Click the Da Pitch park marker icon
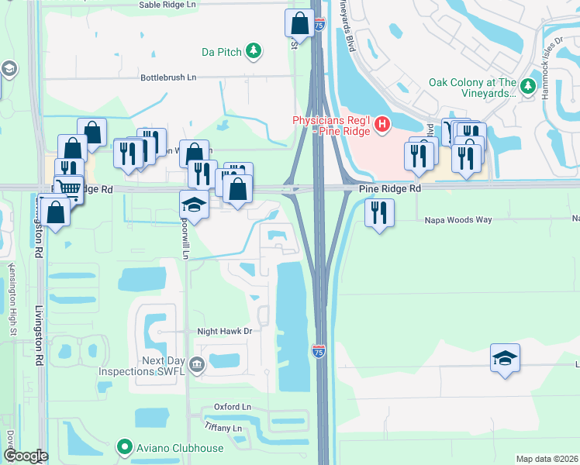253,51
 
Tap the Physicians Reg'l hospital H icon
381,123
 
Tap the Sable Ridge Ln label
167,5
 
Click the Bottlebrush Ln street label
168,77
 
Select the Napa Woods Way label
457,220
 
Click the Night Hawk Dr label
226,331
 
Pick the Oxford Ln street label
233,407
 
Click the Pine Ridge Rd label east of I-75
389,188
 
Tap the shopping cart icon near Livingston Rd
68,187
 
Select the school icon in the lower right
505,357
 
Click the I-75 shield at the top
319,26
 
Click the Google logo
25,456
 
